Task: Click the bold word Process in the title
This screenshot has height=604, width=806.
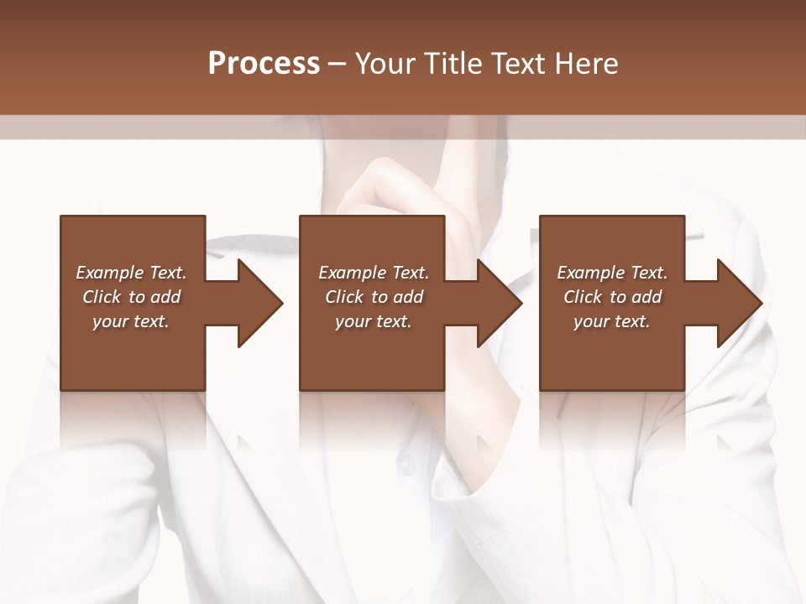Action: (264, 64)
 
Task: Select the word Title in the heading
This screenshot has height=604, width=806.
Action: (454, 64)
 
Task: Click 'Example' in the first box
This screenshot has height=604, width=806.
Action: (110, 273)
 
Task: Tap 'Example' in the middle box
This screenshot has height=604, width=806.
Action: (353, 273)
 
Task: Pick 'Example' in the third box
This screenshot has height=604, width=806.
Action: (591, 273)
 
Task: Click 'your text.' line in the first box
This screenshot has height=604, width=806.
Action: (131, 321)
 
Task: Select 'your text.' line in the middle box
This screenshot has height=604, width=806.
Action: (374, 321)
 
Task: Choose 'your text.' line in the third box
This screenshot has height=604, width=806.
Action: (612, 321)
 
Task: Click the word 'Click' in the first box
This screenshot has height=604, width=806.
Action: (102, 297)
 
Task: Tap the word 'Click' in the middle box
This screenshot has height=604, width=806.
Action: (344, 297)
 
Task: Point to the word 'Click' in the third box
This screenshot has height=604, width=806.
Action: (583, 297)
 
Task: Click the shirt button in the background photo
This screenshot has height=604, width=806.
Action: (406, 462)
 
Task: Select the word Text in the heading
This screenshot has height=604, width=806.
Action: (518, 64)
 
